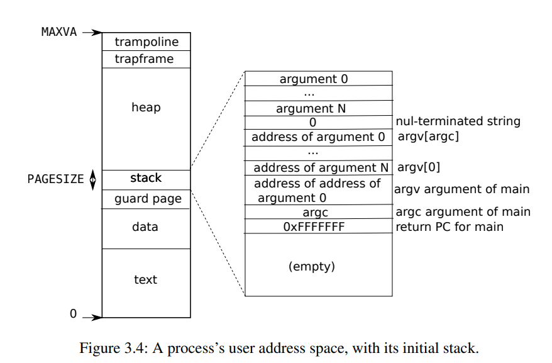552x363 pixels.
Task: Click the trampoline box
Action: [146, 42]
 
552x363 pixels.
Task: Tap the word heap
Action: [146, 108]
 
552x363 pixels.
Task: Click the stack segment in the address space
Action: [146, 179]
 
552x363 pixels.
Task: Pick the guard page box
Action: [146, 199]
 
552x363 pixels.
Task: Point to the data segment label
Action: [145, 226]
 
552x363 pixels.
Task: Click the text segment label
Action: [145, 279]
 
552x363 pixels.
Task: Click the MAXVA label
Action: [58, 31]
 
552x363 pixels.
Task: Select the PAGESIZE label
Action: [55, 179]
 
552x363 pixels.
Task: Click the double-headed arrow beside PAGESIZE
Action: [93, 179]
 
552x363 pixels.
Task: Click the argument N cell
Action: [311, 109]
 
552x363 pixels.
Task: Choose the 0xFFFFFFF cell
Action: [314, 226]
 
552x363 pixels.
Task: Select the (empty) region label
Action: [312, 266]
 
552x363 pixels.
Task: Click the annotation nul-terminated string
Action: [458, 121]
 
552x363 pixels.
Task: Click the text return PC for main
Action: [450, 226]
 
